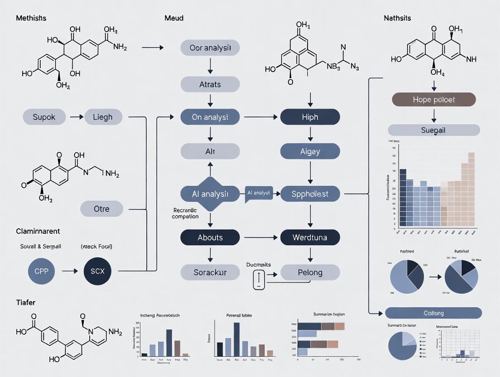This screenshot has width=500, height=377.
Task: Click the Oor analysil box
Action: tap(210, 48)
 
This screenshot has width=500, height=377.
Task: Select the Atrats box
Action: tap(210, 84)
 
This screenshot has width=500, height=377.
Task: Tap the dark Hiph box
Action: tap(310, 117)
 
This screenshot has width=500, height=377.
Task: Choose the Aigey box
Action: tap(310, 151)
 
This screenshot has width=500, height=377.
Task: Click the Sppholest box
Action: tap(310, 194)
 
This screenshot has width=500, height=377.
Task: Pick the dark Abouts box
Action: tap(210, 237)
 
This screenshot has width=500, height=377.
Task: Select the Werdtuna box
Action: tap(310, 237)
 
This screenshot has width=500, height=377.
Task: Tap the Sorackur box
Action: tap(210, 272)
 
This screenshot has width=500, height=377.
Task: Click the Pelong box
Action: tap(310, 272)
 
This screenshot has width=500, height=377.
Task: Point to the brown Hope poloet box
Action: tap(433, 99)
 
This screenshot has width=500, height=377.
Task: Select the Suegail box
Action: tap(433, 130)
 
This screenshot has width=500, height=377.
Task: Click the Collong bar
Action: tap(433, 313)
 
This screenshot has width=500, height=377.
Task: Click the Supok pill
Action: tap(44, 117)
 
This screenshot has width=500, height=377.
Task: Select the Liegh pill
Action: tap(103, 117)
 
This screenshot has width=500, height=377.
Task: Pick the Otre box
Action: tap(101, 209)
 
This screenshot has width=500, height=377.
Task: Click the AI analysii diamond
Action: tap(210, 194)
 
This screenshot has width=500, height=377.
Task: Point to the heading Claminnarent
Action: tap(38, 231)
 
